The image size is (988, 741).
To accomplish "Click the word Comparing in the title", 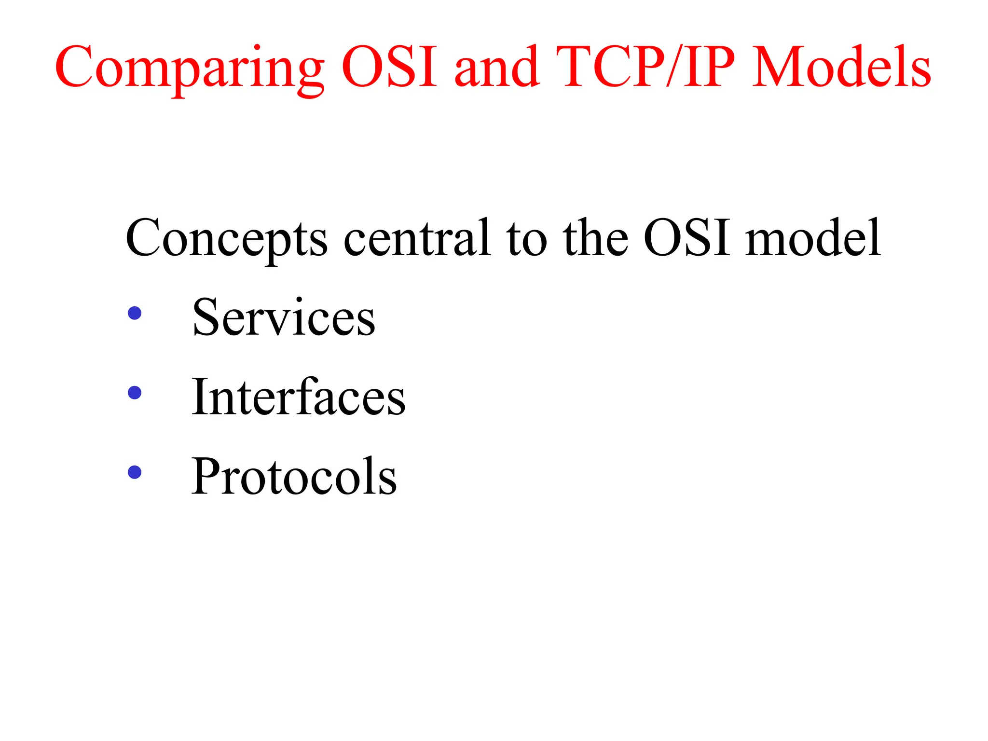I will pos(190,68).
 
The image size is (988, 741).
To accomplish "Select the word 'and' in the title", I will pos(497,68).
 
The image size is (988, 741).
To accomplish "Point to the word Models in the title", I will pos(842,68).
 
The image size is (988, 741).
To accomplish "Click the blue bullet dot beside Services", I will pos(135,313).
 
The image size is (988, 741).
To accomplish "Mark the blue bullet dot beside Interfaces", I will pos(135,393).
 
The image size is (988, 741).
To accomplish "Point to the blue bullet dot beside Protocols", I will pos(135,472).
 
